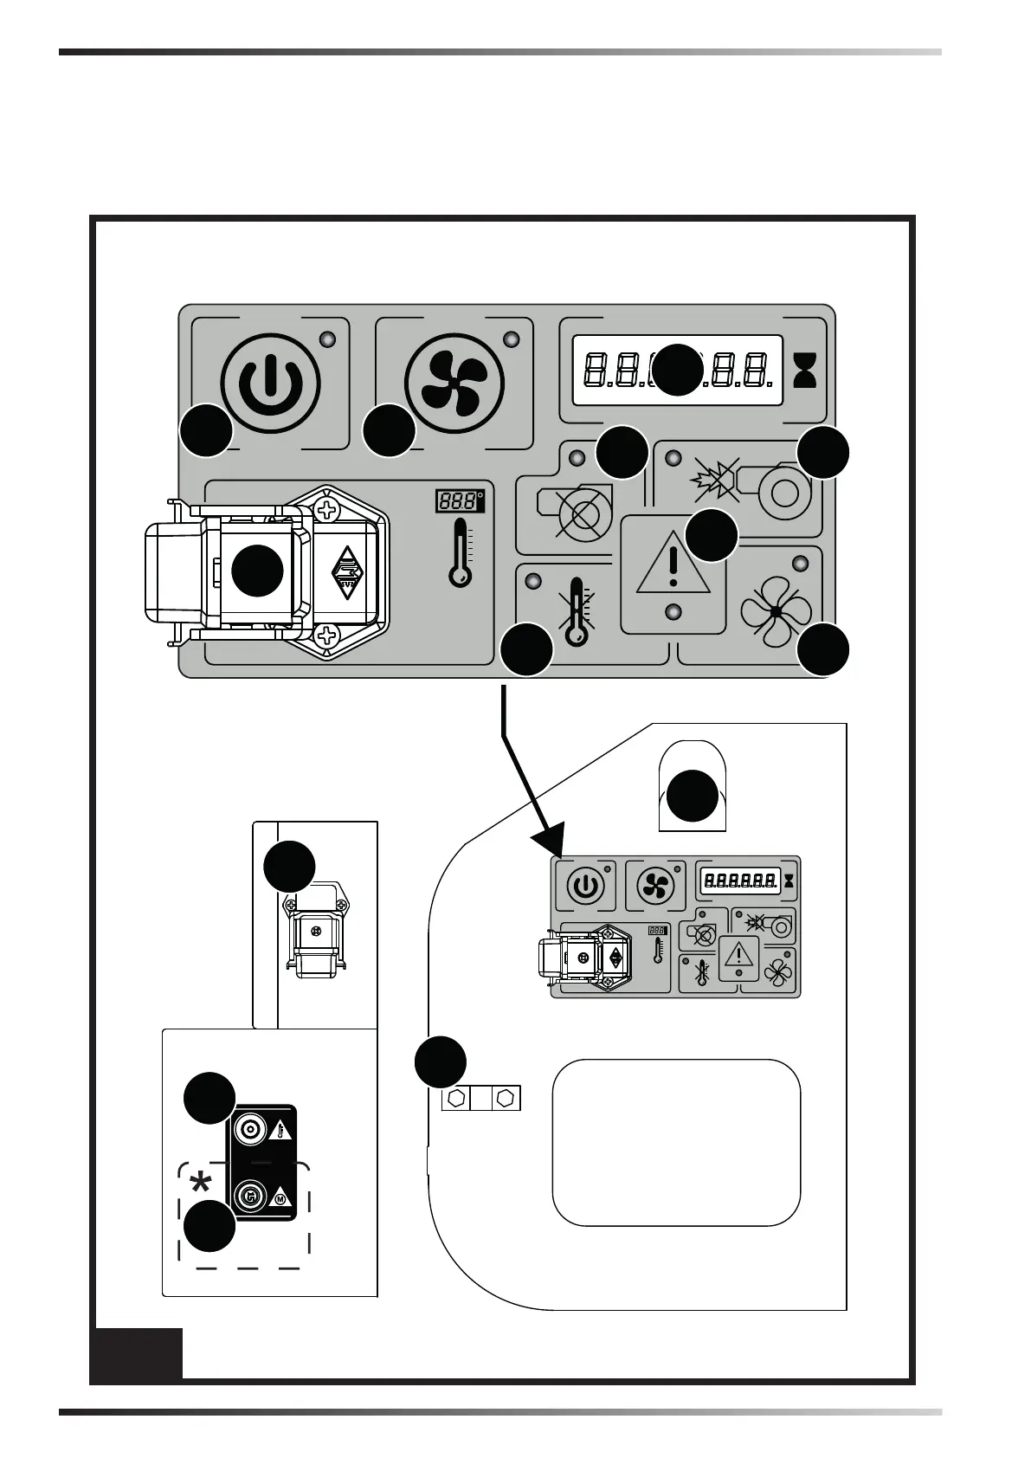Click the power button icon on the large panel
[x=271, y=382]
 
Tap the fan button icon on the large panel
[x=454, y=382]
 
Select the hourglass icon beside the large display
[x=805, y=371]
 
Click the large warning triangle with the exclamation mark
[x=673, y=565]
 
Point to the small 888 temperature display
[x=458, y=501]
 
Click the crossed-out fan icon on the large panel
[x=776, y=610]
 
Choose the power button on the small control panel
[x=584, y=886]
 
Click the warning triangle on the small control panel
[x=738, y=955]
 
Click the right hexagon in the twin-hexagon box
[x=506, y=1098]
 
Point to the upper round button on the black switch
[x=251, y=1129]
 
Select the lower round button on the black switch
[x=251, y=1197]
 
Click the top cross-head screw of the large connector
[x=326, y=508]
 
